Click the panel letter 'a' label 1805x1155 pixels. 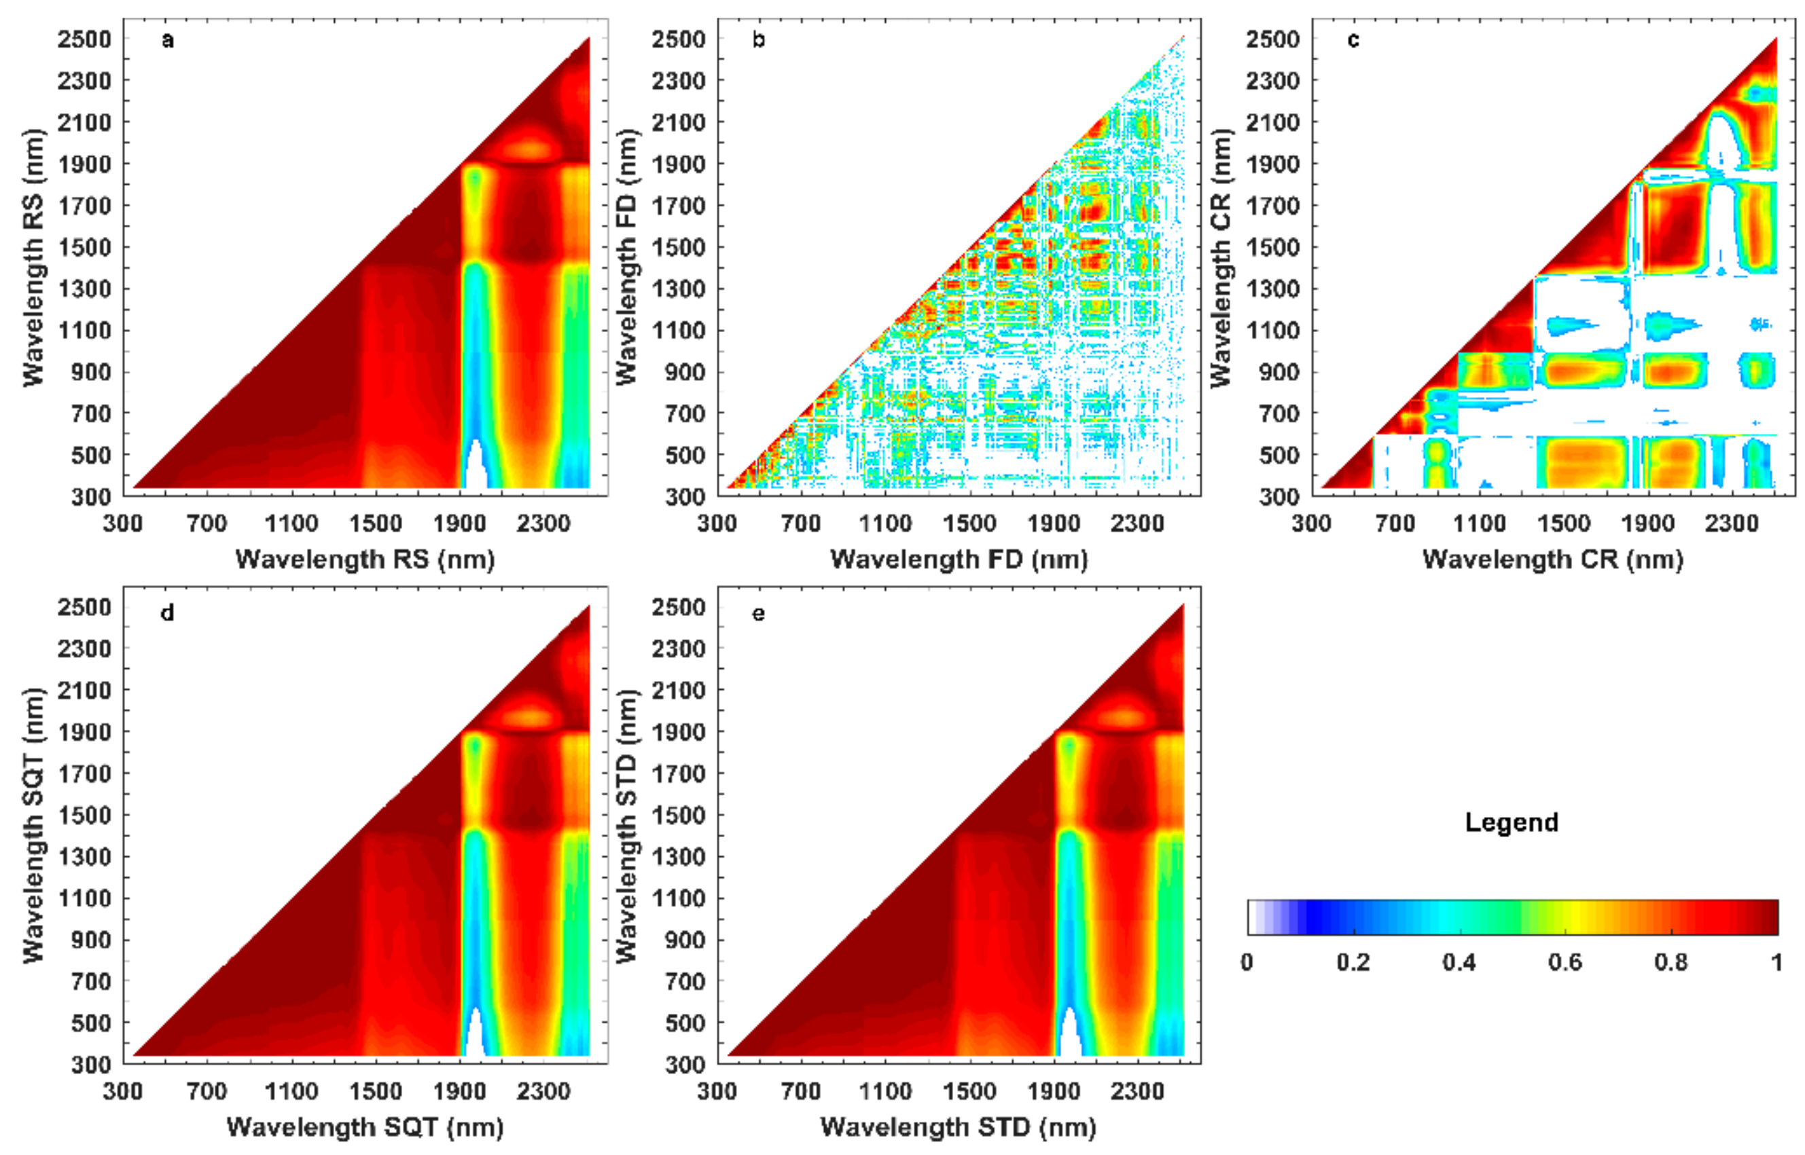[x=167, y=40]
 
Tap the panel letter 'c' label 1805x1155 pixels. [x=1353, y=40]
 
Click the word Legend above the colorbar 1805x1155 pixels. [x=1511, y=822]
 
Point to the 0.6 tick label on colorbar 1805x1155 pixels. [x=1565, y=962]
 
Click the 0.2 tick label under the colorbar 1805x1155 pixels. [x=1353, y=962]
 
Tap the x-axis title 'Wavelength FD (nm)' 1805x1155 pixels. [x=959, y=559]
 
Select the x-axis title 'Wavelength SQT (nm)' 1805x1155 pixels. [x=365, y=1126]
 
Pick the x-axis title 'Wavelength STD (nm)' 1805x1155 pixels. [x=958, y=1126]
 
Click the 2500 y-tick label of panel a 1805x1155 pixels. [x=84, y=39]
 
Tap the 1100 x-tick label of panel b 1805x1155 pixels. [x=884, y=523]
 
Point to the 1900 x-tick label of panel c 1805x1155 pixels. [x=1647, y=523]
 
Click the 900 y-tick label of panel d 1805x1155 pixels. [x=91, y=940]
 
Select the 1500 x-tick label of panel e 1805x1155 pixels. [x=969, y=1090]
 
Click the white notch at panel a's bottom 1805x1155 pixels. [x=475, y=469]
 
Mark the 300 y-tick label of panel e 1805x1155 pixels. [x=685, y=1064]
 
